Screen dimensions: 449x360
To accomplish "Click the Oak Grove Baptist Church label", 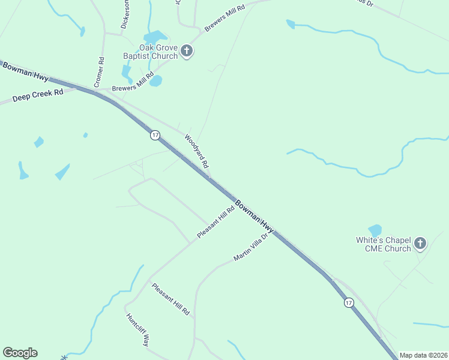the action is [x=158, y=52].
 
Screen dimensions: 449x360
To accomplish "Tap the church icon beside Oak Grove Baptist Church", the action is [x=187, y=51].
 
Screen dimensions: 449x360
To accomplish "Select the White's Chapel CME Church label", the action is [x=383, y=244].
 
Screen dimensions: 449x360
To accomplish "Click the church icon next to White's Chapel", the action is [x=420, y=244].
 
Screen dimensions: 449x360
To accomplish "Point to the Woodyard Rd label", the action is [x=196, y=151].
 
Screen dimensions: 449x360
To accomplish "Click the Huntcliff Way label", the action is [x=137, y=329].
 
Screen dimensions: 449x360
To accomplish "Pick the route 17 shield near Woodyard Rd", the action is [x=155, y=135].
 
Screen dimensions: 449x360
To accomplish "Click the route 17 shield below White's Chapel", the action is [x=349, y=303].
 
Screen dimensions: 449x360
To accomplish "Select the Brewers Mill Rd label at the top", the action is [x=225, y=18].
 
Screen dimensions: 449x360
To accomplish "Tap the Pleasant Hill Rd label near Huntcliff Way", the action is [x=170, y=299].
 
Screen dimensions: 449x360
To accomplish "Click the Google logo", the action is [x=20, y=353].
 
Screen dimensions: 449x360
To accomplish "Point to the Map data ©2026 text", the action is [x=424, y=355].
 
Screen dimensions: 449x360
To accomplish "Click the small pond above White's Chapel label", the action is [x=375, y=230].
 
